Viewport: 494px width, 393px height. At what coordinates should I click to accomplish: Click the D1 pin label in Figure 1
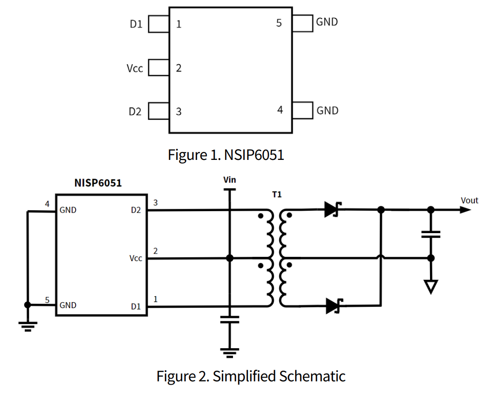tap(136, 24)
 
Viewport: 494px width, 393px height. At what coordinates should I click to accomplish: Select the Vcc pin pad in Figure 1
tap(159, 68)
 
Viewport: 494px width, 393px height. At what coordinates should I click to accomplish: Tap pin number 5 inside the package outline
tap(279, 22)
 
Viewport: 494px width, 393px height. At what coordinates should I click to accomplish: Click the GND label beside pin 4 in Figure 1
tap(327, 110)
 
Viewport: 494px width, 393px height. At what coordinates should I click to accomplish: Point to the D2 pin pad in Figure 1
tap(159, 112)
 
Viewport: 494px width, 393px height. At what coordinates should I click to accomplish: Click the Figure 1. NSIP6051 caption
tap(226, 155)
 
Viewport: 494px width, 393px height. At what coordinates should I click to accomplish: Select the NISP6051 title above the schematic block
tap(98, 183)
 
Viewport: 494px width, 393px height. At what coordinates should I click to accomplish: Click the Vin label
tap(230, 179)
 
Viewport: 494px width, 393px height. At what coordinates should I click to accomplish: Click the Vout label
tap(469, 200)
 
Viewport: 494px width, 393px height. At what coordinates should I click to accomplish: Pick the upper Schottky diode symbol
tap(333, 210)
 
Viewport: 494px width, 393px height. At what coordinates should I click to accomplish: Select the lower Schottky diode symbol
tap(333, 306)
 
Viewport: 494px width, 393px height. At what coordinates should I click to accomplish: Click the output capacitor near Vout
tap(431, 234)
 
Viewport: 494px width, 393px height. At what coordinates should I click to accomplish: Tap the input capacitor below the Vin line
tap(229, 319)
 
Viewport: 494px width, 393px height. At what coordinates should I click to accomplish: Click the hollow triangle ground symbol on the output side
tap(431, 286)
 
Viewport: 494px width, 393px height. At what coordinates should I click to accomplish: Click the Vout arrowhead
tap(465, 210)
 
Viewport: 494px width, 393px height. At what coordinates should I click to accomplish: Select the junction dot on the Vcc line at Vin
tap(229, 258)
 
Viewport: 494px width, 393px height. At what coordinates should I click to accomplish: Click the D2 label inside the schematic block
tap(136, 210)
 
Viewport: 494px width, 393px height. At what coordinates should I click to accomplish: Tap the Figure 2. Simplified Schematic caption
tap(251, 376)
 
